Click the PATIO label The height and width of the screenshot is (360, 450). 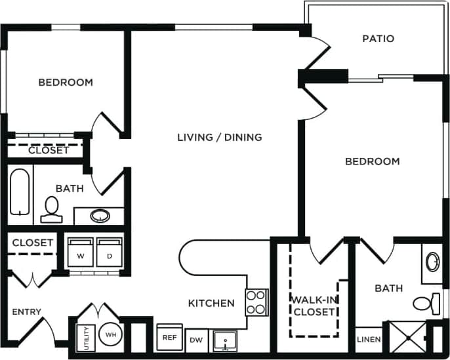pyautogui.click(x=378, y=39)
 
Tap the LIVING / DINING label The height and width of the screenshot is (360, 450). pyautogui.click(x=220, y=137)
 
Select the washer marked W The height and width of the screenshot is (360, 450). pyautogui.click(x=80, y=252)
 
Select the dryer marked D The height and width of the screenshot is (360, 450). pyautogui.click(x=108, y=252)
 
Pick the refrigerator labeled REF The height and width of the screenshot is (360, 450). pyautogui.click(x=169, y=337)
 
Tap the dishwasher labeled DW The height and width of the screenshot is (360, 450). pyautogui.click(x=195, y=340)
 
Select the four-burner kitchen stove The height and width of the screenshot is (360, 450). pyautogui.click(x=256, y=302)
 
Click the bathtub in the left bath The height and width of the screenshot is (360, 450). pyautogui.click(x=20, y=192)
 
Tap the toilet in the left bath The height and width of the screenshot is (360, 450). pyautogui.click(x=50, y=209)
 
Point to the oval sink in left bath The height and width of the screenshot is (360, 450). pyautogui.click(x=100, y=215)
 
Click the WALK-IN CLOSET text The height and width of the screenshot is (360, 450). pyautogui.click(x=314, y=306)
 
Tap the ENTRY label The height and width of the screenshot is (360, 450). pyautogui.click(x=27, y=311)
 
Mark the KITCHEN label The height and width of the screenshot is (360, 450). pyautogui.click(x=211, y=303)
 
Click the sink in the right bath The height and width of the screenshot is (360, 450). pyautogui.click(x=433, y=262)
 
